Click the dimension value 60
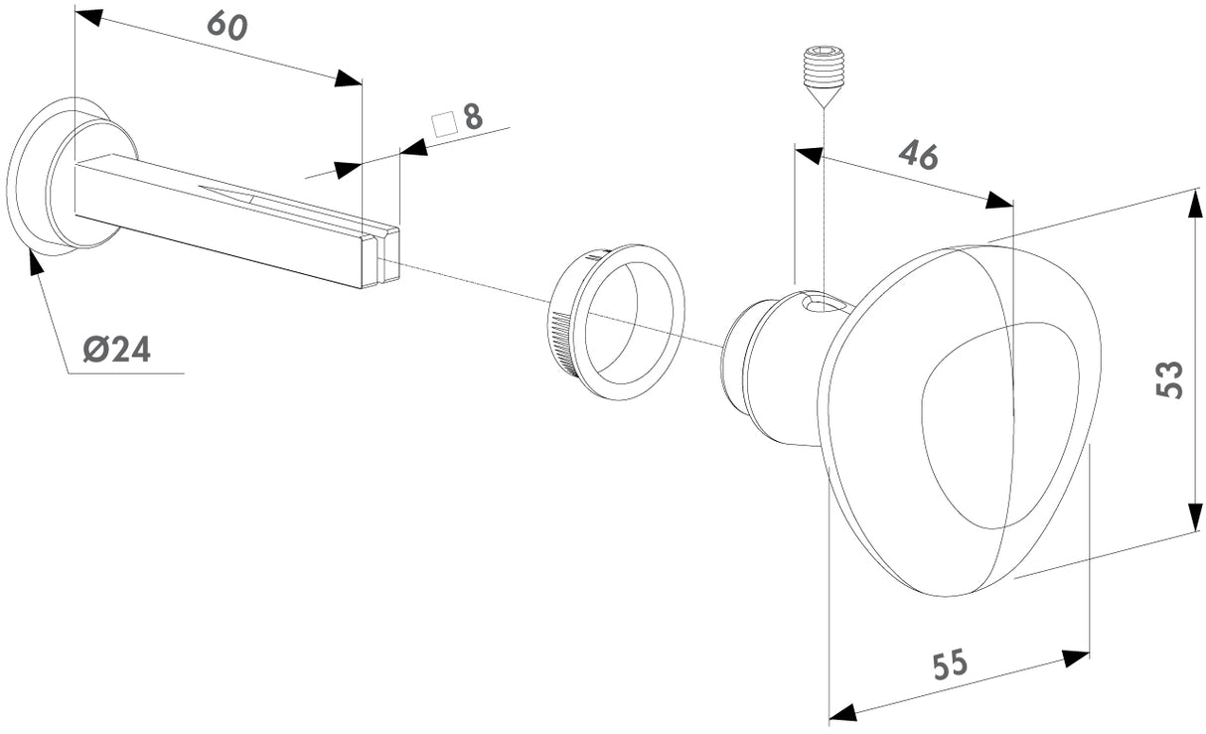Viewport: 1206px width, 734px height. click(x=227, y=25)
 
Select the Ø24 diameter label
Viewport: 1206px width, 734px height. click(x=116, y=349)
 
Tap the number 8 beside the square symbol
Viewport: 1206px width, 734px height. click(x=473, y=117)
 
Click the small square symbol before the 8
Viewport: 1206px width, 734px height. click(x=444, y=123)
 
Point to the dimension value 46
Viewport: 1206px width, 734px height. click(x=918, y=155)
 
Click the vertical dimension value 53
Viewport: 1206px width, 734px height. click(x=1170, y=378)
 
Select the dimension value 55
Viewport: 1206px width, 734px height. click(x=951, y=664)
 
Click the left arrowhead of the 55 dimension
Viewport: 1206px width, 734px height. click(x=843, y=711)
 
